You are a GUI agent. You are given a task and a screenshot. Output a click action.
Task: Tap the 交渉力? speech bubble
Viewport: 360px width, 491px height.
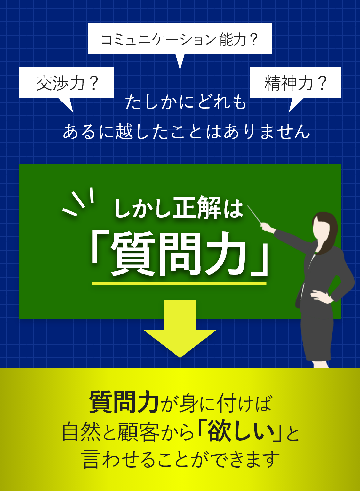click(x=67, y=83)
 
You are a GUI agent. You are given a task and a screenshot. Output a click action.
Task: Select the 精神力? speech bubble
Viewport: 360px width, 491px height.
click(x=295, y=83)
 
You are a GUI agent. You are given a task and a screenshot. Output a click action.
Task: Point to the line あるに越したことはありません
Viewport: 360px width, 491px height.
click(x=186, y=132)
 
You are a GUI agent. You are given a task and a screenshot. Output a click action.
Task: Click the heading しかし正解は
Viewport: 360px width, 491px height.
click(x=179, y=208)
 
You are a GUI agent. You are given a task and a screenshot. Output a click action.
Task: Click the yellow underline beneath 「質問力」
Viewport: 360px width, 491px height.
click(x=179, y=284)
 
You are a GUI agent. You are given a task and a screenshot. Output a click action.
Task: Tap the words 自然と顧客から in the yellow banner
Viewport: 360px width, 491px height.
click(x=128, y=432)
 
